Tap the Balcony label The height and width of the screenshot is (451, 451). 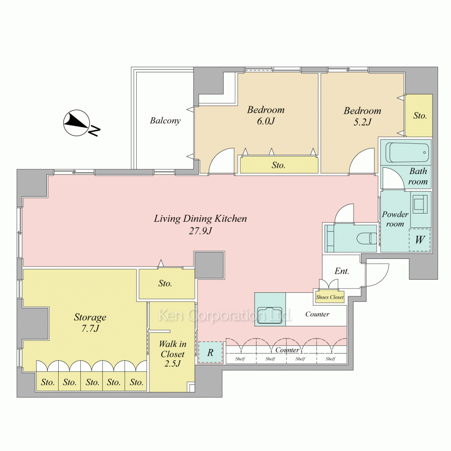tap(165, 120)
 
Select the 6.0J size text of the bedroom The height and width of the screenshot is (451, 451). tap(266, 121)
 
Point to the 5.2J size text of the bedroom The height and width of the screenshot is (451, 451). tap(362, 122)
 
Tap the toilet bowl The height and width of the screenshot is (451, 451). tap(366, 238)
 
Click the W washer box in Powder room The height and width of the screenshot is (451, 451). tap(419, 239)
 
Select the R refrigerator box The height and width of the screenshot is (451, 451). tap(211, 352)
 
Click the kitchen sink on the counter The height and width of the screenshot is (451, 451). tap(270, 316)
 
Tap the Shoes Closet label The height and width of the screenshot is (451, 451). tap(330, 297)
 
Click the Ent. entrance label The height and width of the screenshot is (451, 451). tap(342, 271)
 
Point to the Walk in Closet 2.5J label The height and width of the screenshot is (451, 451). tap(173, 354)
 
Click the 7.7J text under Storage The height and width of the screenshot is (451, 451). tap(90, 328)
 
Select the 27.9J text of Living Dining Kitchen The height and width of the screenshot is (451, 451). tap(200, 230)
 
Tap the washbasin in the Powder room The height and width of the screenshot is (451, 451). tap(420, 203)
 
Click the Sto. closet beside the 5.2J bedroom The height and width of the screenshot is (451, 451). tap(419, 115)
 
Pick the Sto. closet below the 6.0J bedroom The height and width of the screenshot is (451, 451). tap(279, 165)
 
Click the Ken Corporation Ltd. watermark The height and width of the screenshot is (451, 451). tap(225, 315)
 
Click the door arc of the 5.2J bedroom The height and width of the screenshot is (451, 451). tap(357, 157)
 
